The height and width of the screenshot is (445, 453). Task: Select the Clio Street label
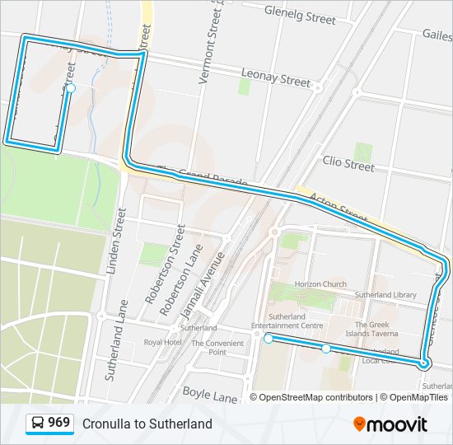348,164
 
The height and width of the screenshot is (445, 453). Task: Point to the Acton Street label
339,208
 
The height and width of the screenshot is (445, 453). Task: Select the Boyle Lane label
210,394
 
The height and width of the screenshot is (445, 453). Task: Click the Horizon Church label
320,284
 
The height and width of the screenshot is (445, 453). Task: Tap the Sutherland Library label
385,294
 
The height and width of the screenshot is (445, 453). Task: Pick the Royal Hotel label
162,342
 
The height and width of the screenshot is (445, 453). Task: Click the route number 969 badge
58,423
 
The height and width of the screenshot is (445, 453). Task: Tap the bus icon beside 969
38,424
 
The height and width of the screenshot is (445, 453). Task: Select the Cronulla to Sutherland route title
147,424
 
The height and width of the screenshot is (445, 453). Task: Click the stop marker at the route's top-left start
71,88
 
